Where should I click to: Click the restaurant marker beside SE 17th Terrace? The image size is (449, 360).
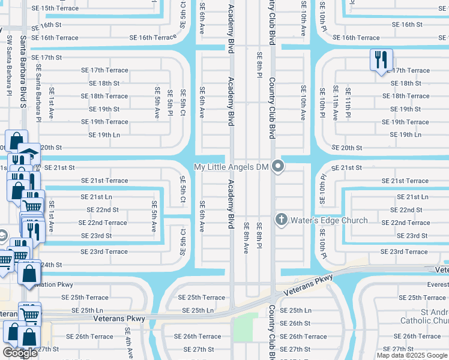click(381, 60)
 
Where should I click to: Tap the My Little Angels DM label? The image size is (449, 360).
click(231, 167)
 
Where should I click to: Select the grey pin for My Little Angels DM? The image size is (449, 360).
click(277, 166)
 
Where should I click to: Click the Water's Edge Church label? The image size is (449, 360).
click(329, 220)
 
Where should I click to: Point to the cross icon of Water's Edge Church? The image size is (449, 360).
click(282, 220)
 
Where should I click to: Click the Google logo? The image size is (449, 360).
click(20, 353)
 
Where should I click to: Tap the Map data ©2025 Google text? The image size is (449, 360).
click(412, 355)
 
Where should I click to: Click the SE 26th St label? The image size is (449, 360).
click(295, 323)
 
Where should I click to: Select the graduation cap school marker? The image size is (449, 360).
click(28, 152)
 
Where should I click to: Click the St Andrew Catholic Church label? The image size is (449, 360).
click(434, 316)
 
